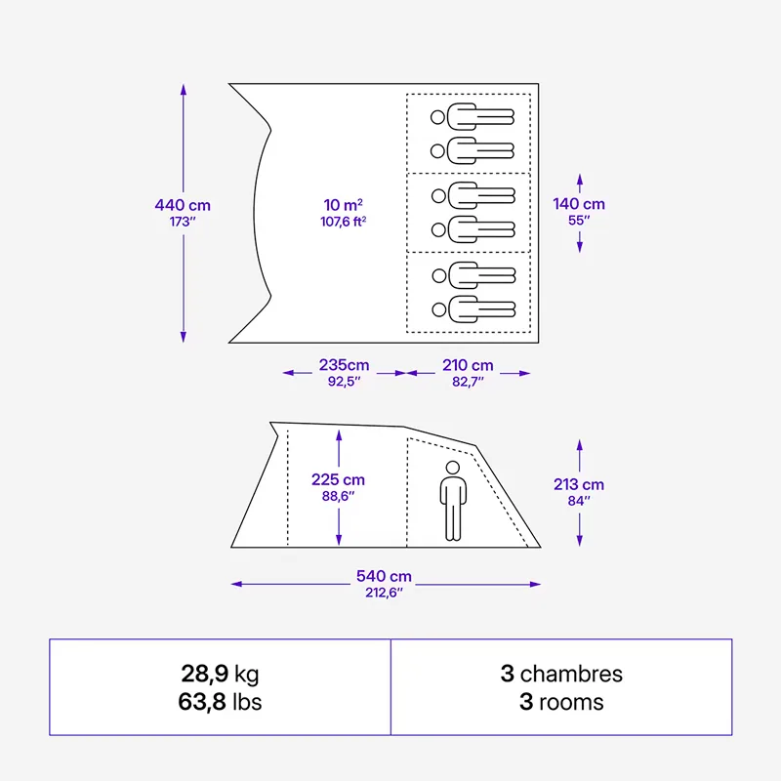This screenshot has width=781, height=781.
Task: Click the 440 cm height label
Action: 183,205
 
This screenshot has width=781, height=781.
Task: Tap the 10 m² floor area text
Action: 344,205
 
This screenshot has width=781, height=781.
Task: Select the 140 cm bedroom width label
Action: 579,204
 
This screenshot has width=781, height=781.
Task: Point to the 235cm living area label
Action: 345,365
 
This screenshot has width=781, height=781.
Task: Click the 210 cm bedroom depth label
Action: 468,365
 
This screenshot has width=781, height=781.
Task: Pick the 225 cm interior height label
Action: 338,479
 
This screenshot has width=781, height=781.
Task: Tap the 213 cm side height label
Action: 579,484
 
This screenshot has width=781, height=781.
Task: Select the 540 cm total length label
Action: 384,576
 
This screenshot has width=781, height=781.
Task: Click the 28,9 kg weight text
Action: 221,674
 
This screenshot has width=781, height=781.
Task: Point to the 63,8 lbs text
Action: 221,702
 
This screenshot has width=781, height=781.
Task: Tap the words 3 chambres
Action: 561,674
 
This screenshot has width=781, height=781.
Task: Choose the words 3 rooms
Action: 561,702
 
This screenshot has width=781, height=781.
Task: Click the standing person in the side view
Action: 453,501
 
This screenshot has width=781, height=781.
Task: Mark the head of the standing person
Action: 453,468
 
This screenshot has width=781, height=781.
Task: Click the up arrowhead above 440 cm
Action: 184,90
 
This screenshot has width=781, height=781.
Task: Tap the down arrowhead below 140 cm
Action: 579,247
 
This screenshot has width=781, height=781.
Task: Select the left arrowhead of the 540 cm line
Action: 236,584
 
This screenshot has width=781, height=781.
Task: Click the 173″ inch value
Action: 183,222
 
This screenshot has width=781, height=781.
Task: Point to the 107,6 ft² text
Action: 344,222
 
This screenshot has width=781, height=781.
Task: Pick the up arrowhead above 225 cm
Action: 339,435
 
